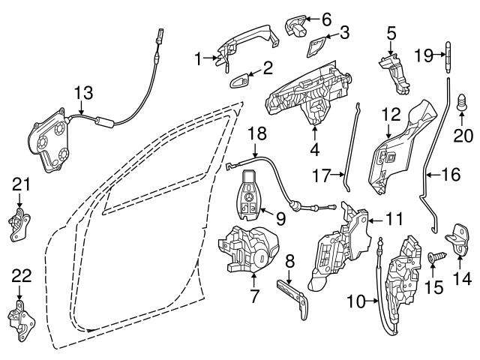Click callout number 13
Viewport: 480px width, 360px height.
click(x=85, y=92)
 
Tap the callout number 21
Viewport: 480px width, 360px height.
click(x=20, y=184)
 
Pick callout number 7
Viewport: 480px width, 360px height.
click(x=255, y=296)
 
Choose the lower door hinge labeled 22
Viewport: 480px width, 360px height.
click(x=20, y=319)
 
